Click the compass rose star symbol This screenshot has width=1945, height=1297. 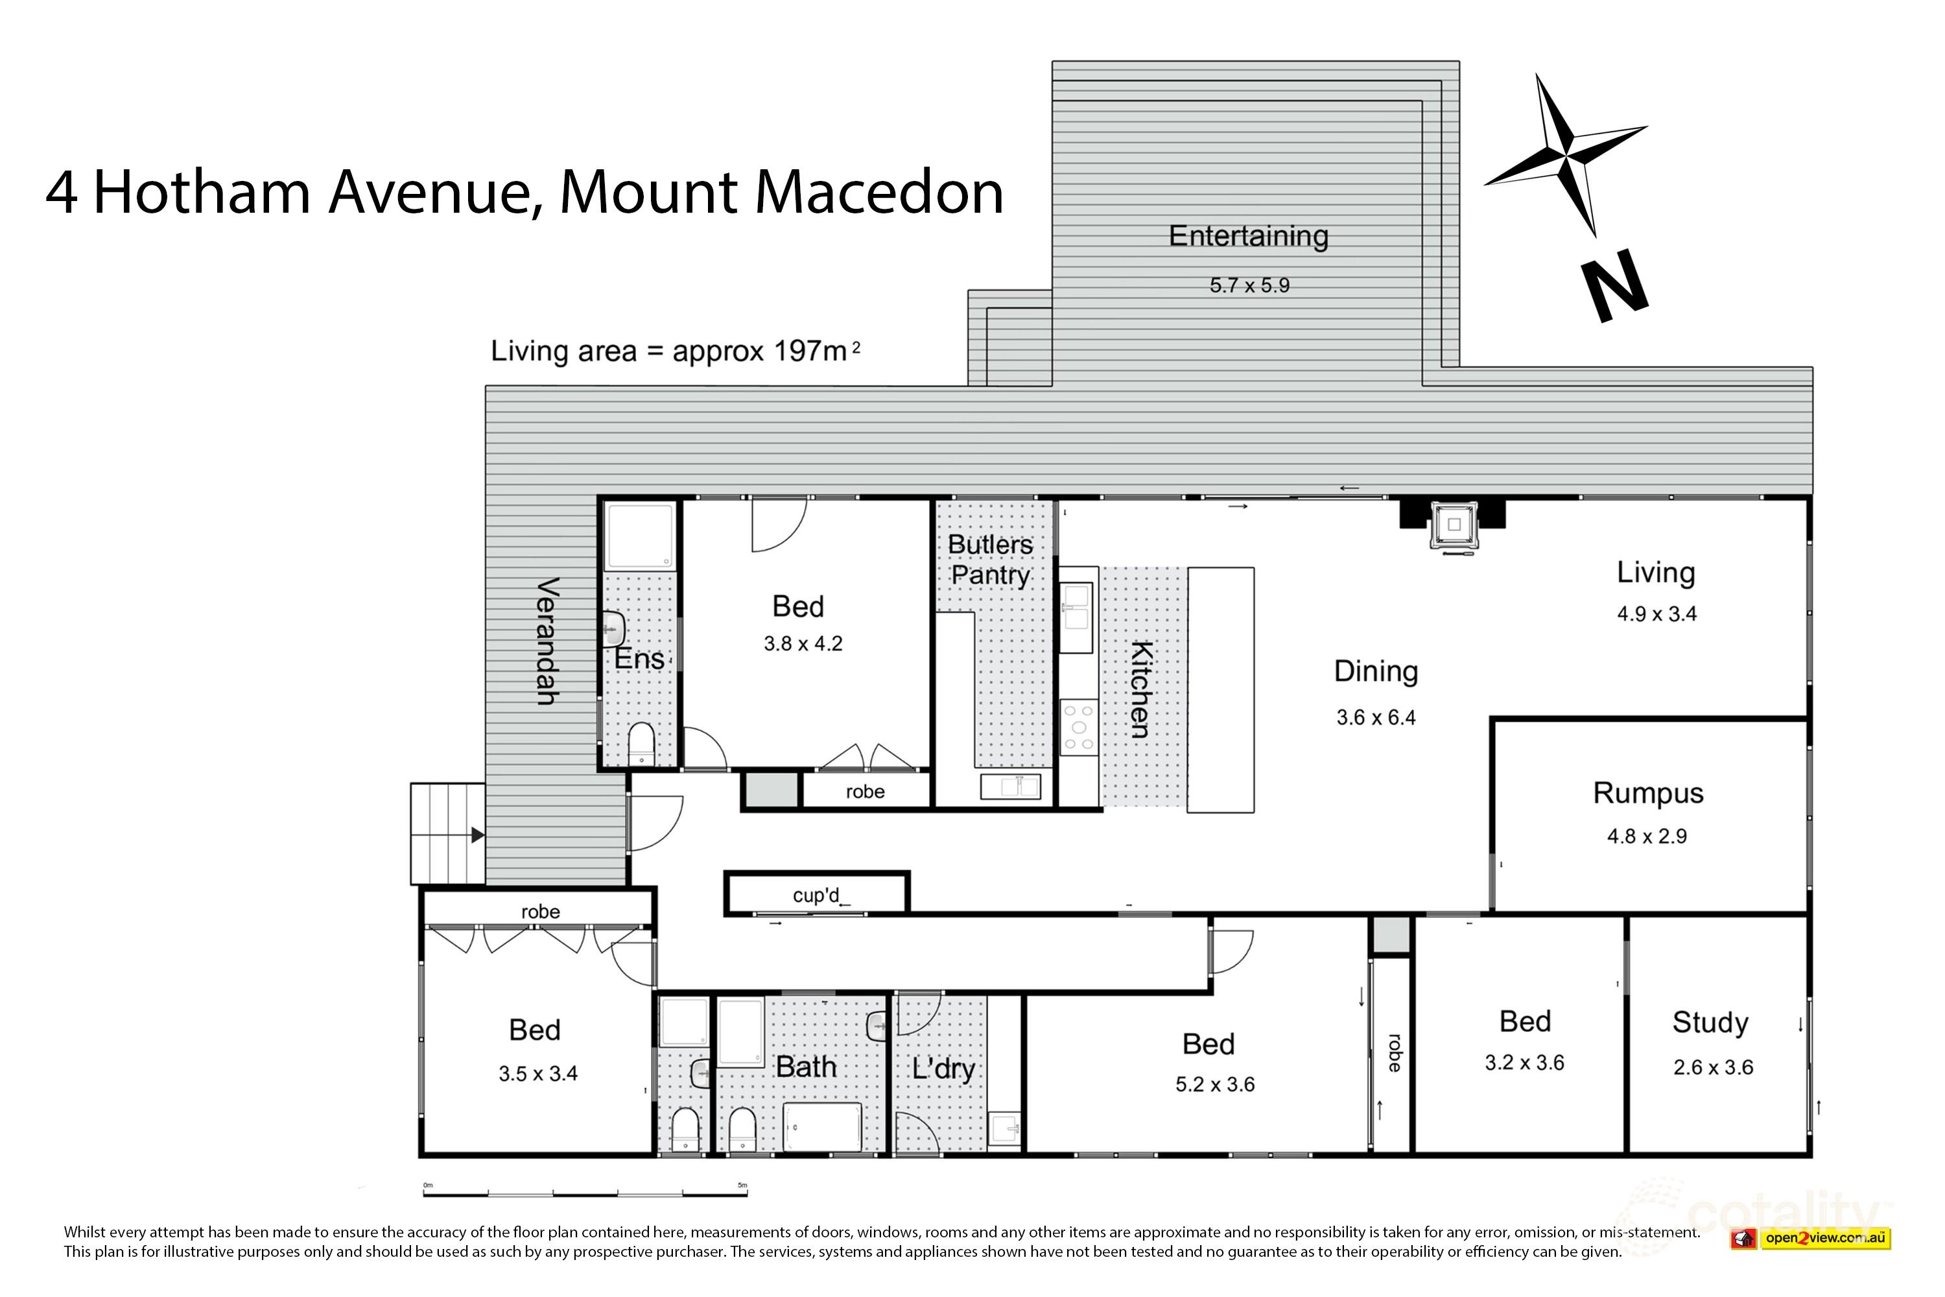(1566, 156)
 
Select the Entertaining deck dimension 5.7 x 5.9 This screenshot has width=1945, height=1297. (1249, 285)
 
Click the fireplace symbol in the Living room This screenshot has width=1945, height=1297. (1454, 525)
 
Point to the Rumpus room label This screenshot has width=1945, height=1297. (1647, 793)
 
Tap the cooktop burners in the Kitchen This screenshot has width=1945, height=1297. (1078, 727)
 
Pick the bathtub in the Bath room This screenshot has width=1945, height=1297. (822, 1126)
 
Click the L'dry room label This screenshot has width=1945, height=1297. (943, 1069)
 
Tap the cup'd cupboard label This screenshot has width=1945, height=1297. (816, 895)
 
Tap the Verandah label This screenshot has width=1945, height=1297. (547, 641)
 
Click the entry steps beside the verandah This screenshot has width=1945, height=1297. (447, 834)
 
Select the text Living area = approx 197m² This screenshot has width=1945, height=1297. (675, 351)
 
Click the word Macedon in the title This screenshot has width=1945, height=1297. (879, 192)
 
